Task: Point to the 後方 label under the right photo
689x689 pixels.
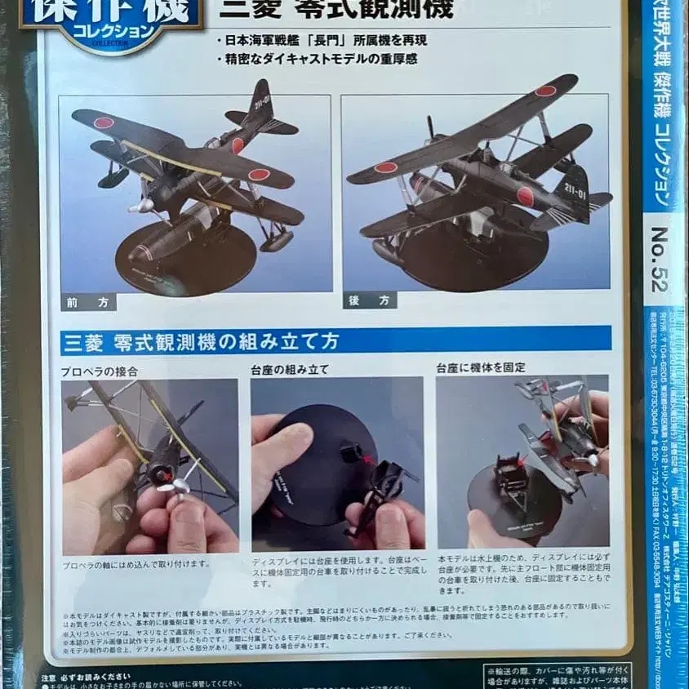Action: pos(369,300)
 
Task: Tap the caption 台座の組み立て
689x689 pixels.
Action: pos(291,369)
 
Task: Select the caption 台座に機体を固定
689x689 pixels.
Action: pos(480,368)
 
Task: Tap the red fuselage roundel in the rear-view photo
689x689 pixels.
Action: pos(525,197)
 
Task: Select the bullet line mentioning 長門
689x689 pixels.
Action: pos(334,41)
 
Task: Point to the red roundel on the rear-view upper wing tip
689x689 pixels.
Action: pos(545,91)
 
